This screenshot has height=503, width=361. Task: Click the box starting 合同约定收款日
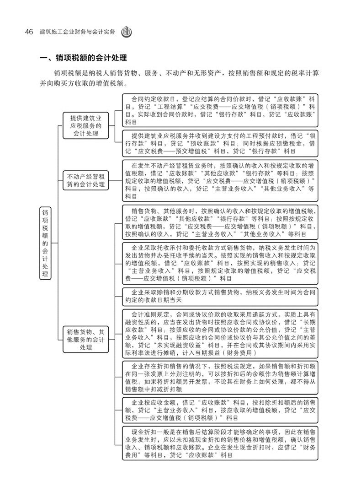click(220, 110)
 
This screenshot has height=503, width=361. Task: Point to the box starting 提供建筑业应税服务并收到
click(220, 143)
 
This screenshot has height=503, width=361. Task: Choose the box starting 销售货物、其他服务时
click(220, 222)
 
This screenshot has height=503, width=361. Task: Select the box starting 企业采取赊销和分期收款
click(220, 295)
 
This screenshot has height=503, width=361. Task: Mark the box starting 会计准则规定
click(220, 334)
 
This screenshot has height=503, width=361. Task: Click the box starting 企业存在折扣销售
click(220, 378)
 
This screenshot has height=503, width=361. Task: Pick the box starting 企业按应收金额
click(220, 410)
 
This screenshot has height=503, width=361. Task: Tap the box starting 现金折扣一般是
click(220, 443)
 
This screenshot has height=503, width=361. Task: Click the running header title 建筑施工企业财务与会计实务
click(74, 32)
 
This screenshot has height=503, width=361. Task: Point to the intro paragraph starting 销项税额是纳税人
click(183, 78)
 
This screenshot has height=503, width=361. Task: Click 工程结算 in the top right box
click(162, 107)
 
